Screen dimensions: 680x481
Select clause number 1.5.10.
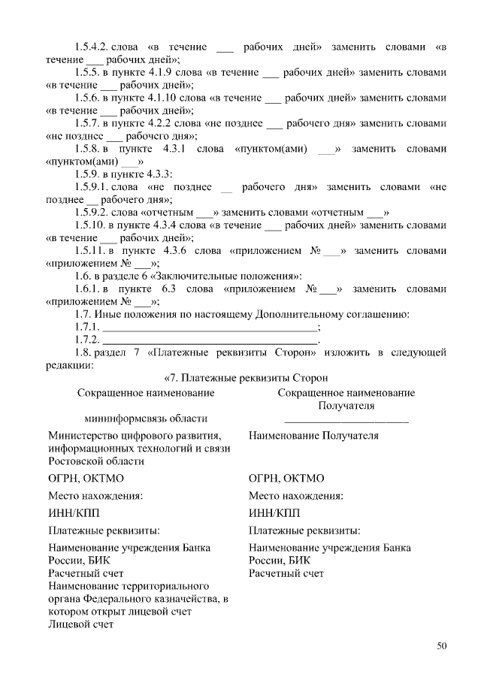pyautogui.click(x=93, y=225)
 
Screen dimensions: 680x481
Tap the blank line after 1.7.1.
pyautogui.click(x=210, y=328)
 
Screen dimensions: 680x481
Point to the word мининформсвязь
pyautogui.click(x=118, y=419)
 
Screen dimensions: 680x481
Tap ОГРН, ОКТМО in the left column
pyautogui.click(x=86, y=478)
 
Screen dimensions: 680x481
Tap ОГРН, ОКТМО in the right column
pyautogui.click(x=286, y=478)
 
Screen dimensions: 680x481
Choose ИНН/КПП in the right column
pyautogui.click(x=274, y=513)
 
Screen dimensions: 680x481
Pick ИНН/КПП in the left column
pyautogui.click(x=73, y=513)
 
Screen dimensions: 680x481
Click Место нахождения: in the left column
pyautogui.click(x=95, y=496)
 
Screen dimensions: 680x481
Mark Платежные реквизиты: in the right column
pyautogui.click(x=304, y=530)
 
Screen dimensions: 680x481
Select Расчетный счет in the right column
pyautogui.click(x=286, y=573)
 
